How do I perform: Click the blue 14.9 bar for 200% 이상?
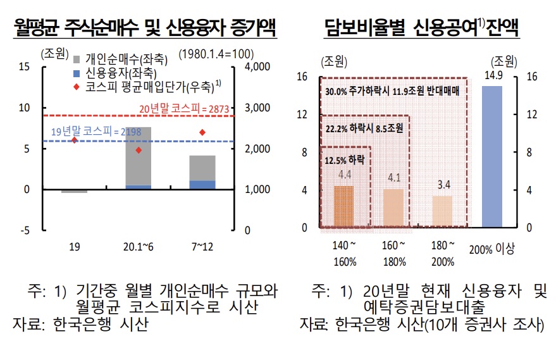click(491, 156)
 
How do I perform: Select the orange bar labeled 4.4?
click(344, 206)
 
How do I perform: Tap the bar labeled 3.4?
click(442, 211)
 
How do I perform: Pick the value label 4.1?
click(393, 178)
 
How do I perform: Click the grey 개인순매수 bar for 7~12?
click(202, 168)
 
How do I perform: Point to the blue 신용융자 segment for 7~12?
click(202, 185)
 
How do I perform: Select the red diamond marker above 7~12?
click(202, 132)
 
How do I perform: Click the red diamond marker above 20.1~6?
click(139, 151)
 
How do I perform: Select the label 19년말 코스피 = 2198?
click(87, 132)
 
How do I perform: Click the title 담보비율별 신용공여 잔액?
click(422, 28)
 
